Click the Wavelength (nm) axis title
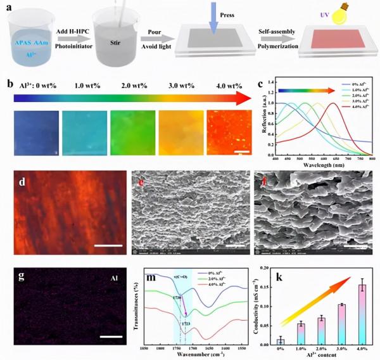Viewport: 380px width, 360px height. (318, 164)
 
